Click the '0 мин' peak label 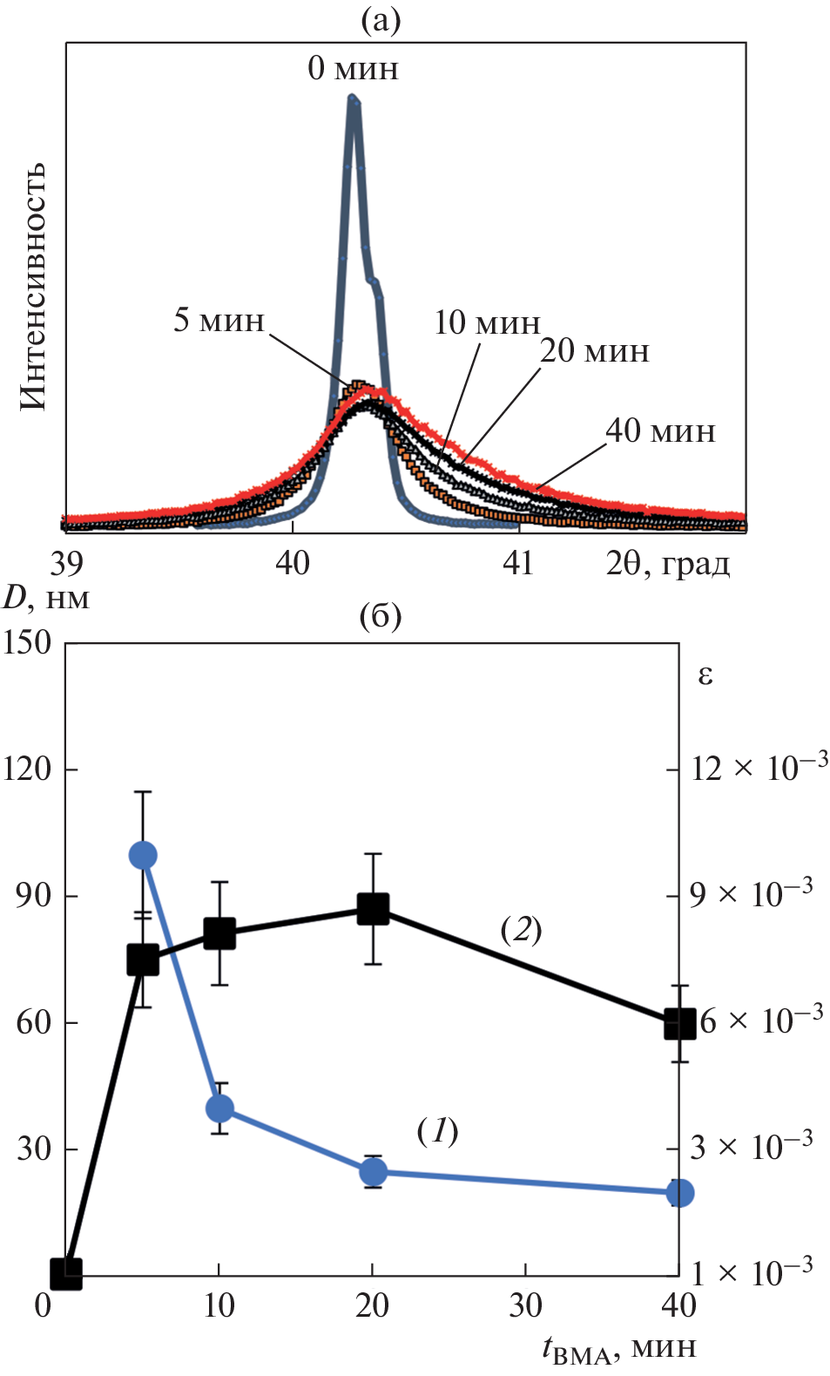[x=353, y=68]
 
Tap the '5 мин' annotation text [x=219, y=320]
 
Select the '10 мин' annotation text [x=487, y=323]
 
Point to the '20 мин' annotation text [x=595, y=351]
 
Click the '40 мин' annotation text [x=660, y=430]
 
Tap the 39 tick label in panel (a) [x=66, y=564]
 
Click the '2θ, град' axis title [x=668, y=565]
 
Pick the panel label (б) [x=381, y=617]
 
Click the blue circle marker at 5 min [x=143, y=856]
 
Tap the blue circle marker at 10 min [x=219, y=1108]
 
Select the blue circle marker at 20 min [x=373, y=1172]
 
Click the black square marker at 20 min [x=373, y=909]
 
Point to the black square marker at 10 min [x=219, y=933]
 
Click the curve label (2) [x=521, y=930]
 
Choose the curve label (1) [x=437, y=1131]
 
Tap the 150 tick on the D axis [x=28, y=643]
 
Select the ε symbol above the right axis [x=705, y=675]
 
